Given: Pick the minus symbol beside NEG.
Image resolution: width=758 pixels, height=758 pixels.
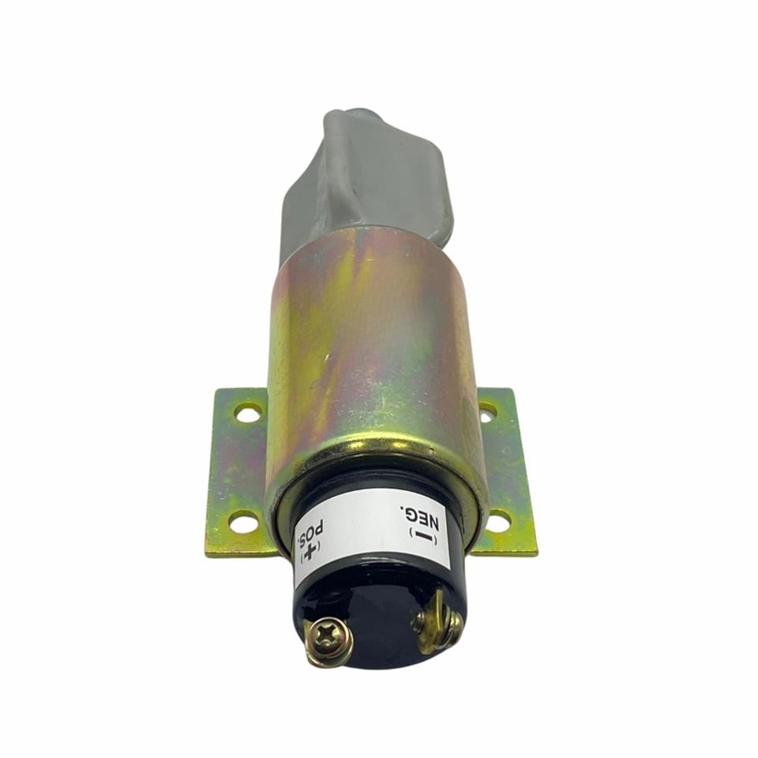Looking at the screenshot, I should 422,537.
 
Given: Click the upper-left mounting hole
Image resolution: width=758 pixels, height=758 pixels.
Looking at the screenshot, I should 248,413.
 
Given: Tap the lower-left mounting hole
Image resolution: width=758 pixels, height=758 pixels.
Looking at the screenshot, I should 242,521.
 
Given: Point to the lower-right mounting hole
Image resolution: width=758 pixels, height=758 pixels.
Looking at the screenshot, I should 497,520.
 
